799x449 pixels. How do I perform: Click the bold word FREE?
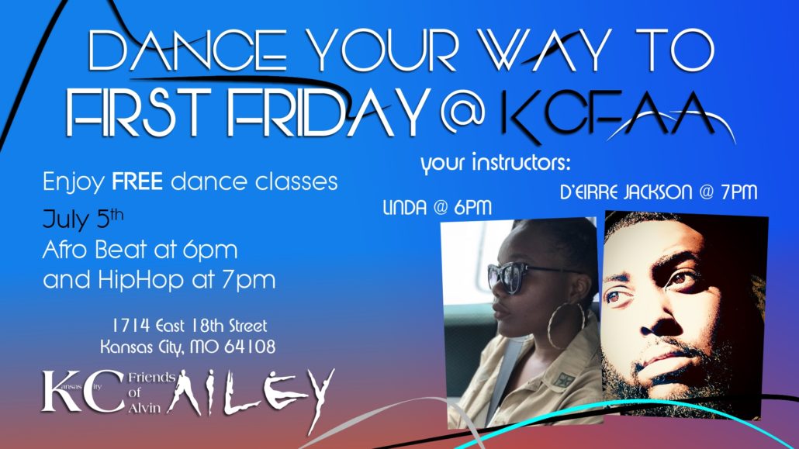[137, 181]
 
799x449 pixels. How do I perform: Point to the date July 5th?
[83, 219]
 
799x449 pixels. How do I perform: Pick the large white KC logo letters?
[83, 391]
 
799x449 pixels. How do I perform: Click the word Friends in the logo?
[151, 378]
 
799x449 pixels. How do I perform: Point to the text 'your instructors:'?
[495, 163]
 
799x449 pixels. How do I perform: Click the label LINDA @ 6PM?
[438, 207]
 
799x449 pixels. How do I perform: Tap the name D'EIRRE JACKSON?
[626, 192]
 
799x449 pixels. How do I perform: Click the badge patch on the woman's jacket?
[564, 380]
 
